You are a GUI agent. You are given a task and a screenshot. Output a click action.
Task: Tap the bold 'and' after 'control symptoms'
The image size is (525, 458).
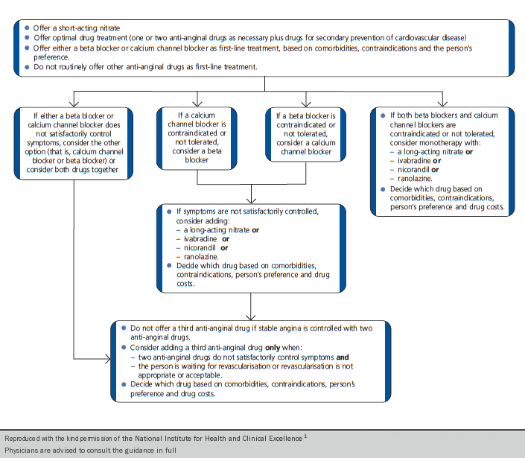343,357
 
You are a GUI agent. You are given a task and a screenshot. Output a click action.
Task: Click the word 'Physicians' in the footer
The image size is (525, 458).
24,451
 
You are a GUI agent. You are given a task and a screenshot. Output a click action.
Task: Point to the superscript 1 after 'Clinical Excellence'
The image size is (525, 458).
305,436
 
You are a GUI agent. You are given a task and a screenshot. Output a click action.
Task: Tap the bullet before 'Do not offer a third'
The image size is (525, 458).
124,328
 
